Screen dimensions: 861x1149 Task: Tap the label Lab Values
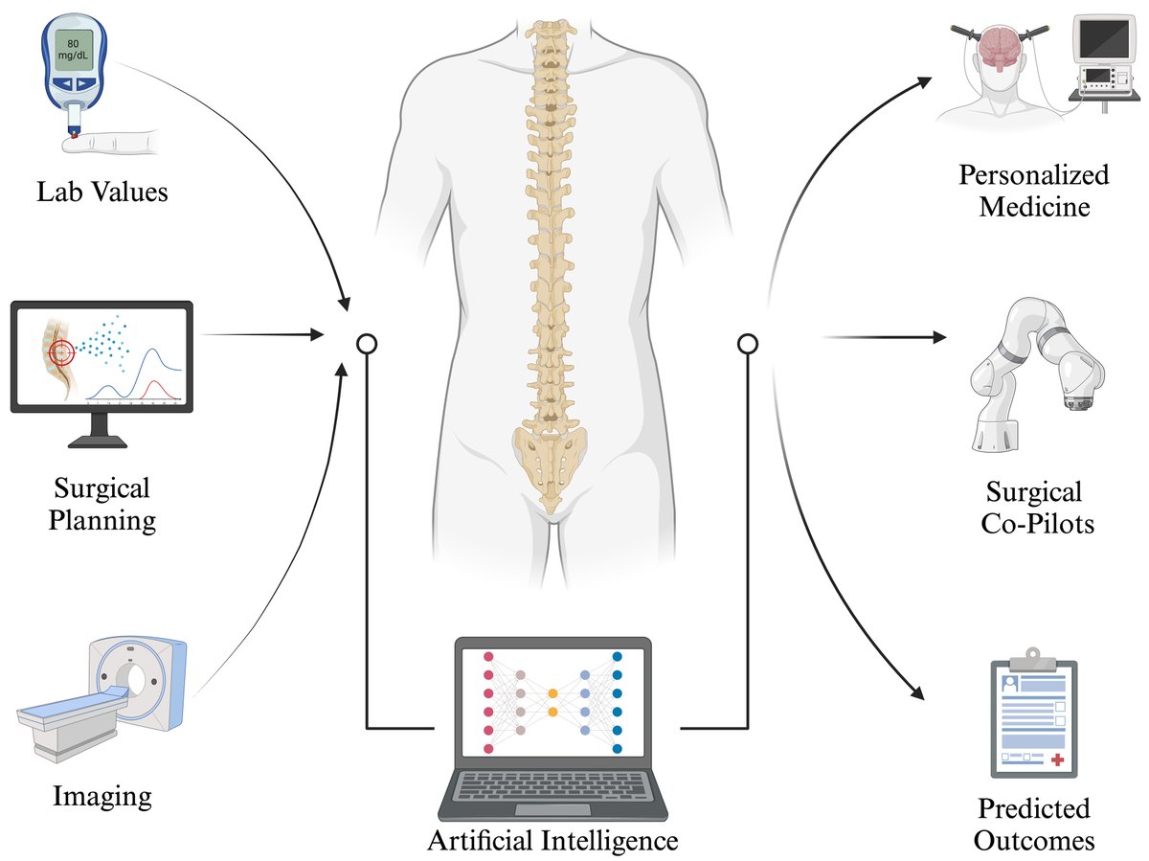point(102,192)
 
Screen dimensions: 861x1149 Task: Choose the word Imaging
point(101,795)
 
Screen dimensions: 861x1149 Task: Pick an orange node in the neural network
point(552,691)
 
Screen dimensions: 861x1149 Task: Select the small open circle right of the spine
point(748,342)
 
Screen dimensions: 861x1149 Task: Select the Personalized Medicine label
point(1034,191)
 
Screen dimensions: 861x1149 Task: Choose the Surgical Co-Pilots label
point(1034,508)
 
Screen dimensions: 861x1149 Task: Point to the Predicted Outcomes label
point(1033,825)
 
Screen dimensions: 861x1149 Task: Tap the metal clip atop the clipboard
point(1032,658)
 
